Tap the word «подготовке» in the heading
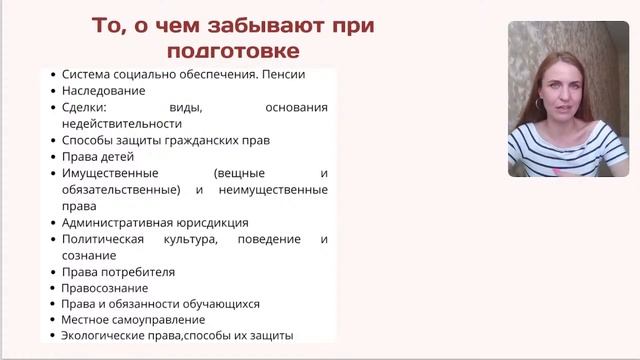point(230,49)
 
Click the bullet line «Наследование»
point(104,90)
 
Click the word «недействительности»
point(121,124)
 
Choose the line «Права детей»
point(97,157)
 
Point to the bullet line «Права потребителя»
point(118,272)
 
